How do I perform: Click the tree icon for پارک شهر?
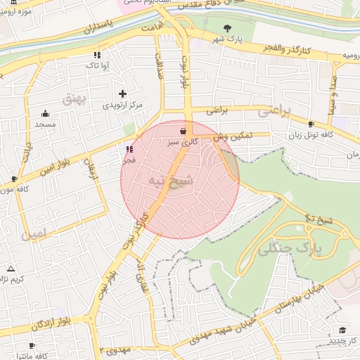point(227,27)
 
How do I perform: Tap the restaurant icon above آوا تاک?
point(97,54)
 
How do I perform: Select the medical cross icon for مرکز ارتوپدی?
point(123,94)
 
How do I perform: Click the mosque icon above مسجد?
point(46,113)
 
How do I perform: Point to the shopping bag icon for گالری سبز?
point(184,130)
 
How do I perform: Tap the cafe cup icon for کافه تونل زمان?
point(311,124)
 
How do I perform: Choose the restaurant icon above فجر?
point(129,149)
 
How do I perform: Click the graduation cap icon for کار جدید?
point(342,330)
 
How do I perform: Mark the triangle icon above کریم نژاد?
point(11,269)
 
